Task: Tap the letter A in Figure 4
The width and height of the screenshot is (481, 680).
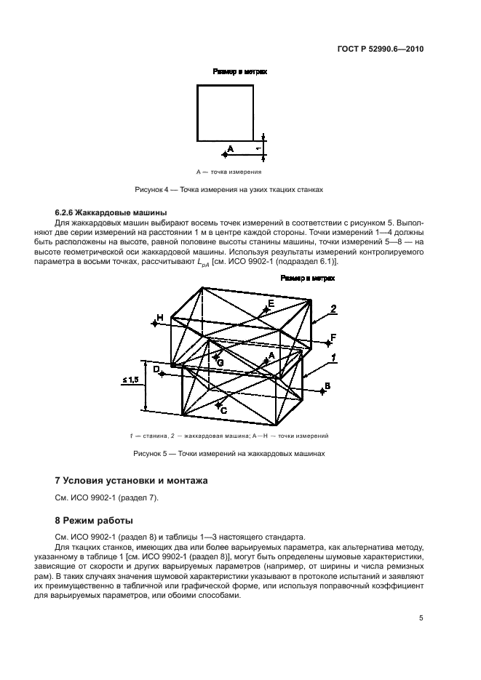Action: click(230, 148)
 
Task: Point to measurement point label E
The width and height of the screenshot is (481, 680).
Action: click(271, 303)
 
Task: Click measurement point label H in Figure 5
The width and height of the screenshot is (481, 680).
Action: click(159, 318)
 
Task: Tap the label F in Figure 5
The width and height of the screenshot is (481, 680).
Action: click(332, 337)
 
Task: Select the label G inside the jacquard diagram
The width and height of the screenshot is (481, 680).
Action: click(219, 360)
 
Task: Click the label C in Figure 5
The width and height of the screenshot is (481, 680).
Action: click(223, 410)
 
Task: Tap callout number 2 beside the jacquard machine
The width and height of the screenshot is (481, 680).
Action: click(333, 309)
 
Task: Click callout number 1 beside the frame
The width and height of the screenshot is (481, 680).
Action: click(333, 356)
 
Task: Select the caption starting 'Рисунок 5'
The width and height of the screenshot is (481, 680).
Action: click(228, 453)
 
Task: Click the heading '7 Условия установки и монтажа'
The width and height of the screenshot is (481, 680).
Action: click(132, 481)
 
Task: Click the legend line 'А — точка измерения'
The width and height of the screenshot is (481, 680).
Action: click(228, 172)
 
